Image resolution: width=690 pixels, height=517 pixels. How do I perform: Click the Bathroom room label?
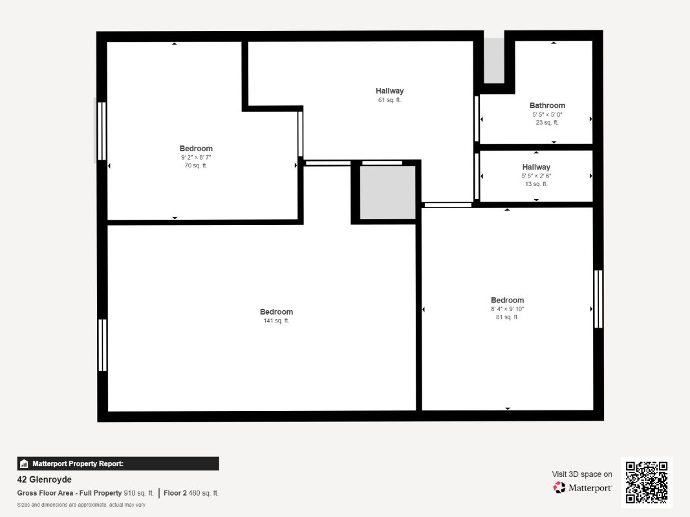tap(547, 105)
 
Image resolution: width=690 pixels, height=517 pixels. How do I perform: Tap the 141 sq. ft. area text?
tap(276, 321)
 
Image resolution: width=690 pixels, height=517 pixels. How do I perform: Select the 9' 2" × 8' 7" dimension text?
tap(196, 157)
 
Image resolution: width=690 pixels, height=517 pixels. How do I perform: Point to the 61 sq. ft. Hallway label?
tap(389, 91)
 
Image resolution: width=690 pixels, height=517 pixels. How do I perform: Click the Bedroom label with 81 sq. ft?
tap(508, 301)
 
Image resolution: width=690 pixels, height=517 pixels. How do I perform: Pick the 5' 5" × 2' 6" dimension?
tap(536, 175)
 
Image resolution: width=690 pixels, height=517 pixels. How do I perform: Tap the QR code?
tap(647, 482)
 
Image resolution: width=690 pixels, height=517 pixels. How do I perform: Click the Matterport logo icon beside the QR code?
tap(559, 487)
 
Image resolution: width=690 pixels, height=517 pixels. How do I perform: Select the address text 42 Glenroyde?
tap(44, 480)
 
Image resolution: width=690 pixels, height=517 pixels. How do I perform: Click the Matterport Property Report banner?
tap(118, 463)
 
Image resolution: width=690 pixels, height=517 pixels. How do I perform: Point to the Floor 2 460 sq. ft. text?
tap(191, 493)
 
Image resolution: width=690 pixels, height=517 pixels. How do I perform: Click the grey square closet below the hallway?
tap(388, 192)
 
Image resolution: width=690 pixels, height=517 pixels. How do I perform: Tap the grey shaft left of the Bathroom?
tap(494, 60)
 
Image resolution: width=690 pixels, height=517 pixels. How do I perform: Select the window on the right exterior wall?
tap(598, 299)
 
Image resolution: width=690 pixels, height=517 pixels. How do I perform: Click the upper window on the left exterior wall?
tap(102, 131)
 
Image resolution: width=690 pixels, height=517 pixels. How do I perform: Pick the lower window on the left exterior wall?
tap(102, 345)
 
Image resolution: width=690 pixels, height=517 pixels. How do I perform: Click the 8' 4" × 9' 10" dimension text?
tap(508, 309)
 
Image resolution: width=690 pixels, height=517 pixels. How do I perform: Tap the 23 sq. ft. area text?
tap(547, 123)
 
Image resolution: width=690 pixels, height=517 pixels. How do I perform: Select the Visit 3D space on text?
tap(582, 474)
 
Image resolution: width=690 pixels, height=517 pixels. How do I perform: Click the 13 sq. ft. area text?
tap(536, 184)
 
